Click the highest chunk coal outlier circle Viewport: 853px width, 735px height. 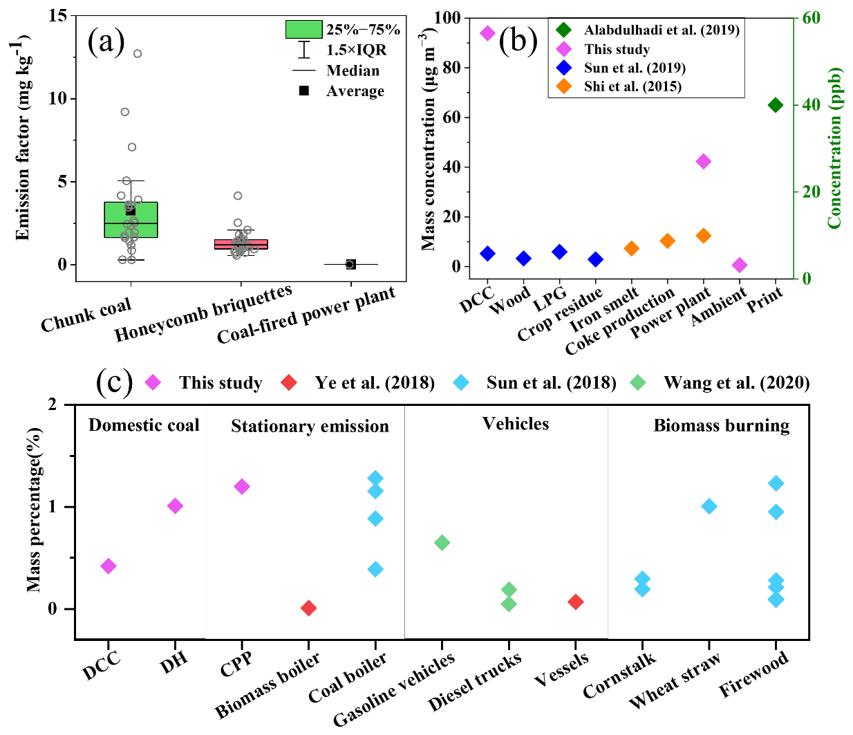138,54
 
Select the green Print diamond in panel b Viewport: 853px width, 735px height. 776,105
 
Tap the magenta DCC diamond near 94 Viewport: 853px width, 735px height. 487,33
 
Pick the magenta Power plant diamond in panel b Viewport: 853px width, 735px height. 704,162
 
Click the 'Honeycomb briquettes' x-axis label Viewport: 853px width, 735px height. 203,313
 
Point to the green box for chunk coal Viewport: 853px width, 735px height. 131,220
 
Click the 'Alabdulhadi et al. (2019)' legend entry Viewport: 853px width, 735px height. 661,30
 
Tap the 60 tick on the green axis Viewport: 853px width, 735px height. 811,18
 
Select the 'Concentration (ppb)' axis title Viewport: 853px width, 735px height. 835,148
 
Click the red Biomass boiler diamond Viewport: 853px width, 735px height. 309,608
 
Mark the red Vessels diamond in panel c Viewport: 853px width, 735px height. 575,602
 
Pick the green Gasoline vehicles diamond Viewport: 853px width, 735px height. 442,543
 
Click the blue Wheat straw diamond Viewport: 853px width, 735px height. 709,507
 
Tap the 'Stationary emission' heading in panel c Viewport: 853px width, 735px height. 310,426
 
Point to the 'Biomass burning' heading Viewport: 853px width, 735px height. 721,425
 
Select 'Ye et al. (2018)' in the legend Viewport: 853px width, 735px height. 374,382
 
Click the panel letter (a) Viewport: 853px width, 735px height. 106,42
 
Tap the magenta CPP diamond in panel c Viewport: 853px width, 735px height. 242,487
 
